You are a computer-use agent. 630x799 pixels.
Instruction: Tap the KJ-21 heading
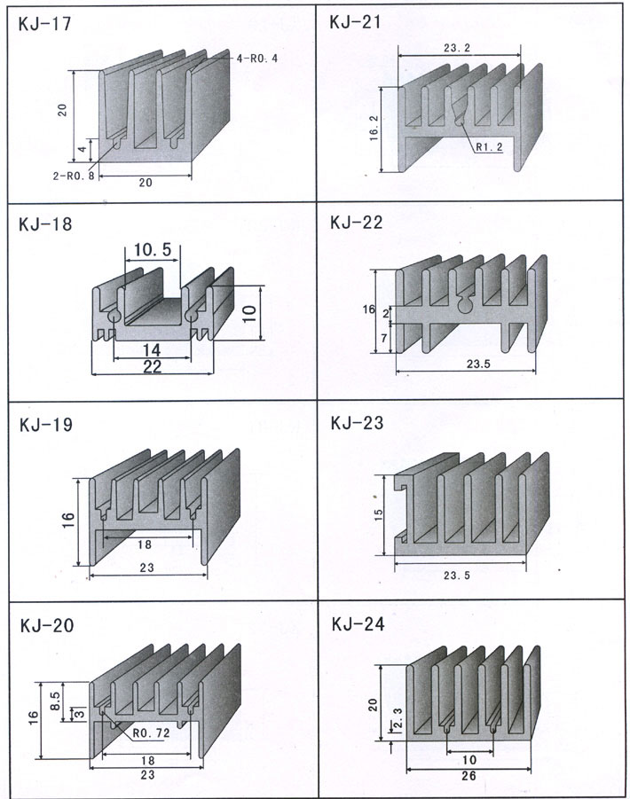pyautogui.click(x=355, y=21)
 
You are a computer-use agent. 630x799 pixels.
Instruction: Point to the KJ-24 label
pyautogui.click(x=357, y=624)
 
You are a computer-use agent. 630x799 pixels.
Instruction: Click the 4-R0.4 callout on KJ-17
pyautogui.click(x=257, y=59)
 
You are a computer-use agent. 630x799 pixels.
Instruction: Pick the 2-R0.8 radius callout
pyautogui.click(x=73, y=176)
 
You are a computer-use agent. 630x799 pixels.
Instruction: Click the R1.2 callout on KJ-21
pyautogui.click(x=489, y=148)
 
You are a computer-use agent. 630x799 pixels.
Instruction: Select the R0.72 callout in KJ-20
pyautogui.click(x=151, y=733)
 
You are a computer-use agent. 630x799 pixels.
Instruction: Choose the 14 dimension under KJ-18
pyautogui.click(x=152, y=351)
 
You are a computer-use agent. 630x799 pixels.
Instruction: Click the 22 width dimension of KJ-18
pyautogui.click(x=152, y=367)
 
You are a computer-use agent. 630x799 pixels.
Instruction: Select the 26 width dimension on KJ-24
pyautogui.click(x=469, y=776)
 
